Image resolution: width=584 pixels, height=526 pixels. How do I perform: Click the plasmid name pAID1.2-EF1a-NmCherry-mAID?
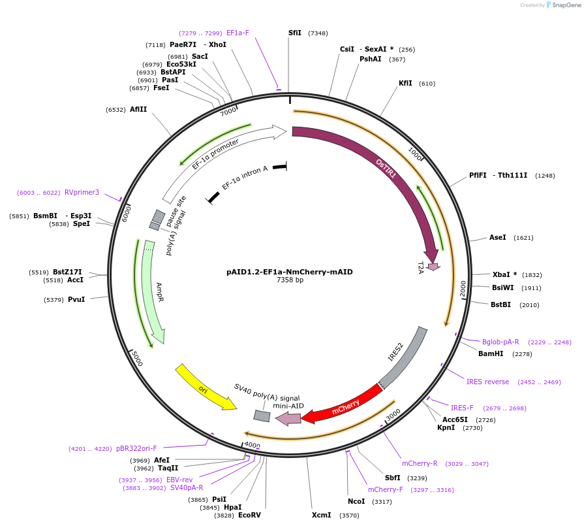(289, 271)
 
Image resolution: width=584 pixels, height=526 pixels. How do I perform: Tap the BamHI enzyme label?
(491, 353)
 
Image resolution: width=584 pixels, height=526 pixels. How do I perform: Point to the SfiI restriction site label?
(295, 33)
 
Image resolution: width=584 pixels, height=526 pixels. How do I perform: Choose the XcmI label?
(321, 515)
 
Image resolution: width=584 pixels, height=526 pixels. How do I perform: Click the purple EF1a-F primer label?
(238, 33)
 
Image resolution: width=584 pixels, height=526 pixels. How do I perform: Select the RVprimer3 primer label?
(82, 192)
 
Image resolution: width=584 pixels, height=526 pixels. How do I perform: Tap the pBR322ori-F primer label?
(136, 448)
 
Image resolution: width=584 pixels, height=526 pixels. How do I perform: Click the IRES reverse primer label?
(487, 382)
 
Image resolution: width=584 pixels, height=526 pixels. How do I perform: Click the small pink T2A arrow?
(433, 266)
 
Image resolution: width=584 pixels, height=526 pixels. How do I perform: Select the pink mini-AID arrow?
(288, 419)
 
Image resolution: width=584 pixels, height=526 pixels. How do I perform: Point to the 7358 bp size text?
(290, 280)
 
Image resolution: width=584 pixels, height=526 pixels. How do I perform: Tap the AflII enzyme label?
(138, 109)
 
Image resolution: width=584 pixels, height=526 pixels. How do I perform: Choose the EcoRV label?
(249, 516)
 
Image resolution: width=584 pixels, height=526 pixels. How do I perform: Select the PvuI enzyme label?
(76, 300)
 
